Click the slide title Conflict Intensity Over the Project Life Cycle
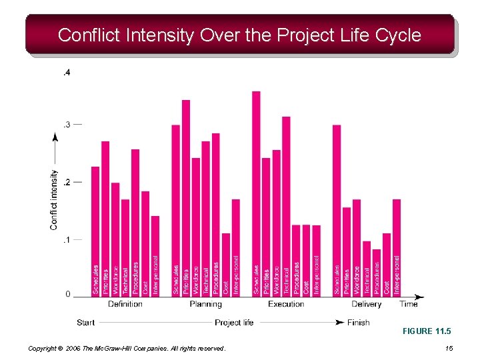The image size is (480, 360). pyautogui.click(x=239, y=35)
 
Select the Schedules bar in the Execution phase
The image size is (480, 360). pyautogui.click(x=256, y=193)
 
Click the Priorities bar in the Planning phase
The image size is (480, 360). pyautogui.click(x=186, y=197)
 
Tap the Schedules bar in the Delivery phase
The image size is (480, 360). pyautogui.click(x=337, y=210)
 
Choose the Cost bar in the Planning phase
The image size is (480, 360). pyautogui.click(x=226, y=264)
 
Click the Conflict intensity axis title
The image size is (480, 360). pyautogui.click(x=54, y=199)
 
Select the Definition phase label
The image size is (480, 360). pyautogui.click(x=125, y=304)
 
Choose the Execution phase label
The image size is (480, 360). pyautogui.click(x=286, y=304)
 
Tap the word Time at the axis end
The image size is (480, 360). pyautogui.click(x=409, y=304)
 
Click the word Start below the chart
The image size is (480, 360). pyautogui.click(x=85, y=323)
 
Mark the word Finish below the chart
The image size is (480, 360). pyautogui.click(x=358, y=323)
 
